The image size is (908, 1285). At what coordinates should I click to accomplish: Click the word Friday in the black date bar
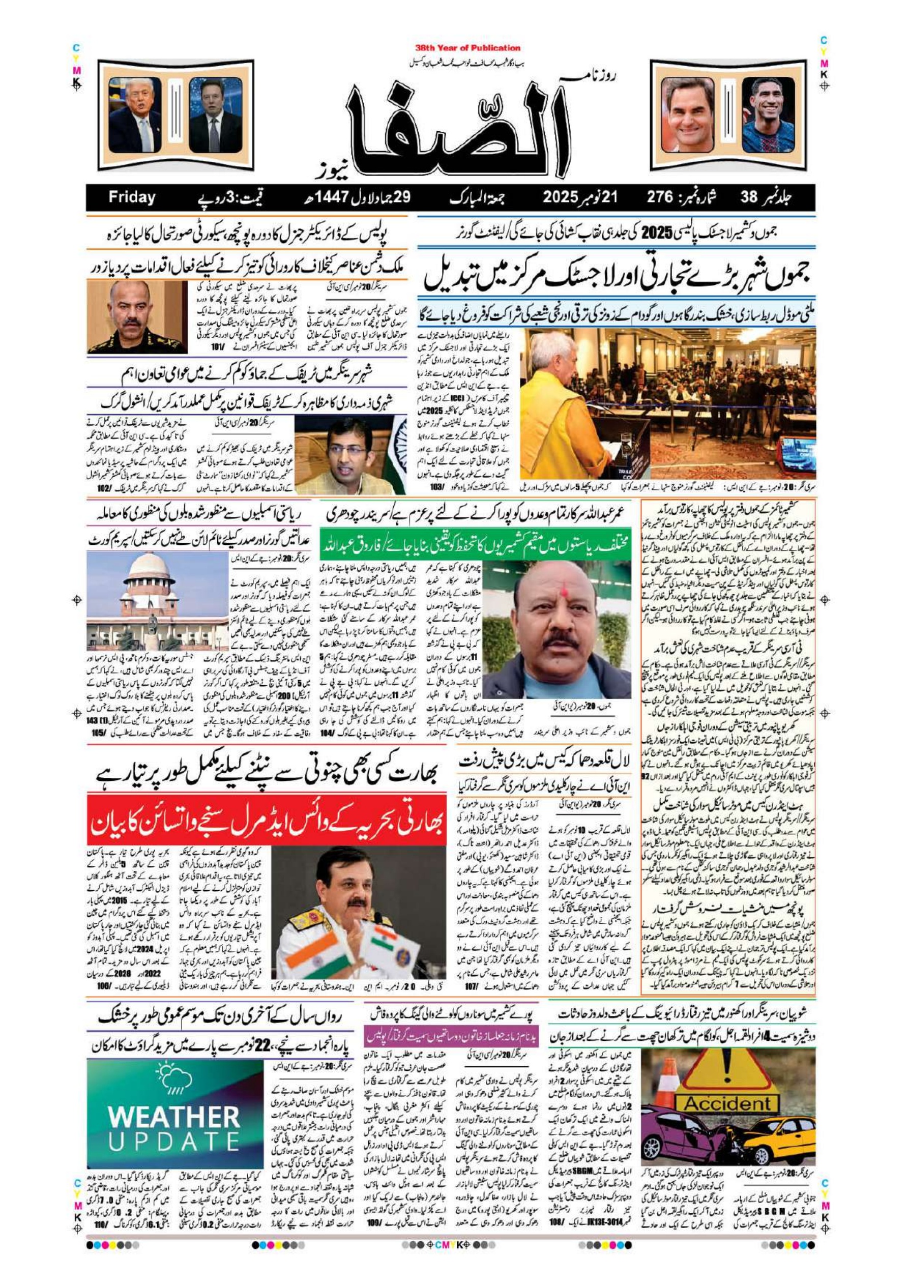pyautogui.click(x=132, y=197)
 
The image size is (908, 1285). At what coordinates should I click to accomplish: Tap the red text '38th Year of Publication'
pyautogui.click(x=467, y=48)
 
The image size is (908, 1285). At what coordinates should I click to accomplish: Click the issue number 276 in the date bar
pyautogui.click(x=664, y=197)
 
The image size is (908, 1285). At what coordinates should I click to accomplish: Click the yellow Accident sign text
pyautogui.click(x=728, y=1089)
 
